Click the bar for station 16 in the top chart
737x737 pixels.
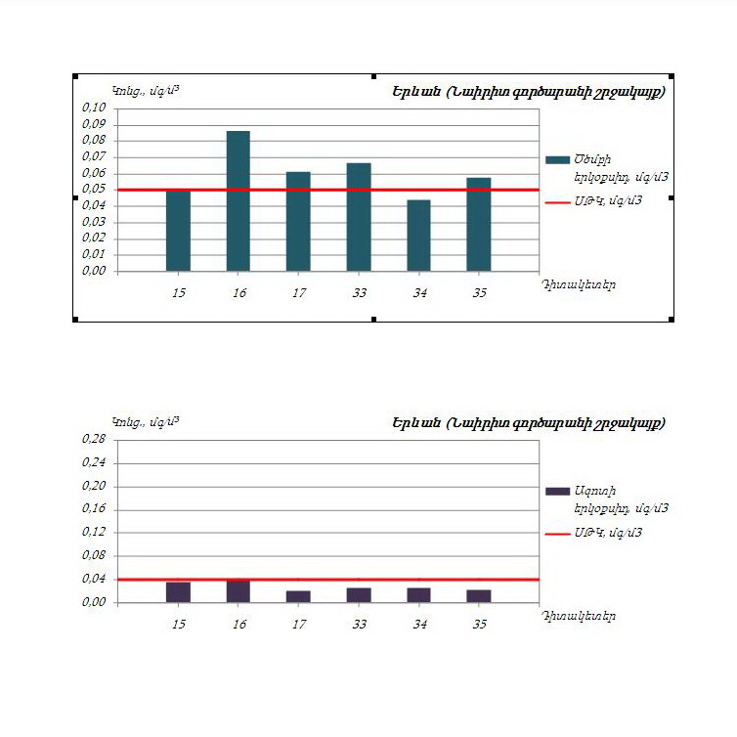238,200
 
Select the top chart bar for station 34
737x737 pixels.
418,236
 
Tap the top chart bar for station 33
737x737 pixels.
359,217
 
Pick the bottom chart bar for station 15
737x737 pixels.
178,592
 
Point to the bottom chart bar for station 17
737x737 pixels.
298,596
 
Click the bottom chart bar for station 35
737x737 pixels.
479,596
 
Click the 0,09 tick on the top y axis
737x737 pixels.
94,124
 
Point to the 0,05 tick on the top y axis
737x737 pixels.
94,190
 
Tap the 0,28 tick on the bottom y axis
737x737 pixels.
94,439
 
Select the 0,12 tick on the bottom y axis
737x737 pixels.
94,533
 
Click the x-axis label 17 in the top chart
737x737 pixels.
298,292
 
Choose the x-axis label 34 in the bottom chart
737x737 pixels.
418,624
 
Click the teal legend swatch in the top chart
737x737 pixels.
556,159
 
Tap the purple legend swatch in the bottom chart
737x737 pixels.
556,491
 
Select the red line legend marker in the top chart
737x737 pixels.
556,201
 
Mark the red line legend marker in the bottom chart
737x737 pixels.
556,534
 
